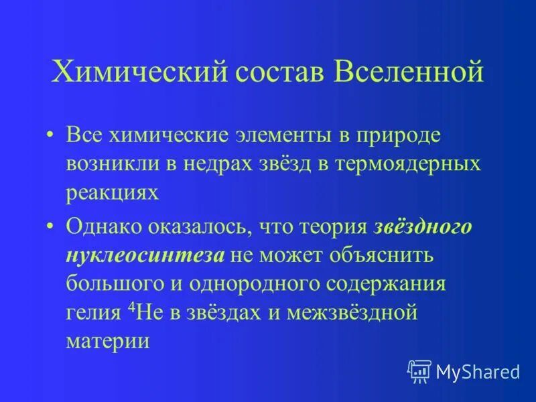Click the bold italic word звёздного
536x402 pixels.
(423, 226)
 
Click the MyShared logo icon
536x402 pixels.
(419, 371)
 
